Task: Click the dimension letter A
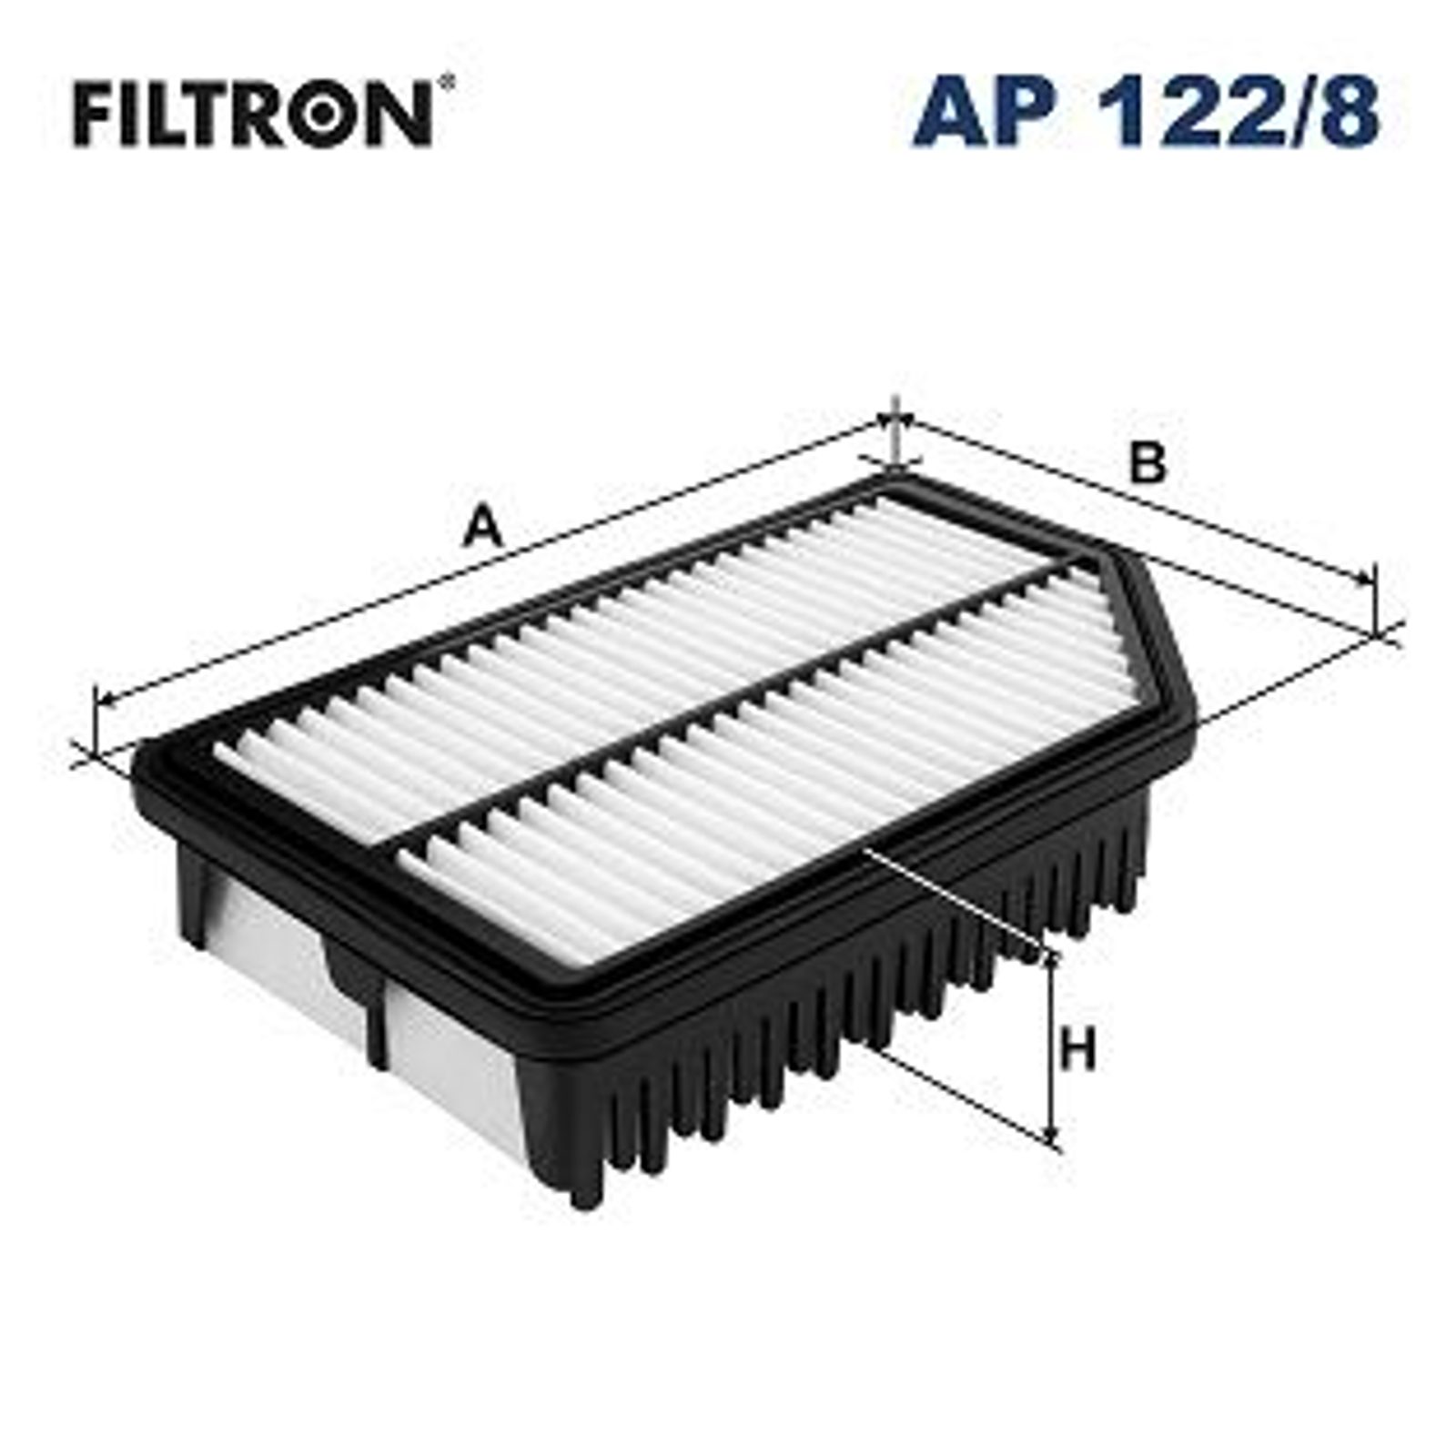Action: (482, 529)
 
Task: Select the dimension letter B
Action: (1148, 463)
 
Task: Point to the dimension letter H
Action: (1078, 1052)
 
